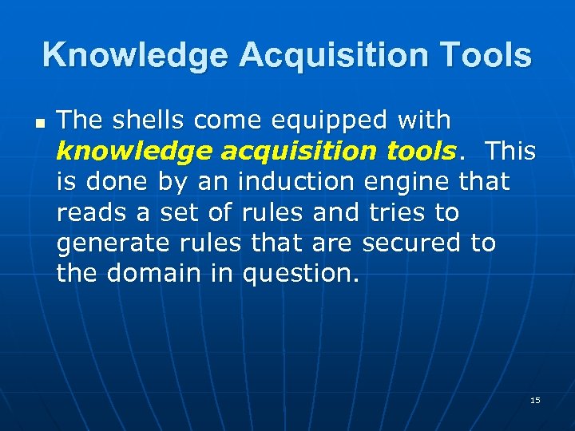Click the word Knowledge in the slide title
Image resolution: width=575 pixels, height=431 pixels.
pyautogui.click(x=134, y=55)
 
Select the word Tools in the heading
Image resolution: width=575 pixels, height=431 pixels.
pyautogui.click(x=488, y=55)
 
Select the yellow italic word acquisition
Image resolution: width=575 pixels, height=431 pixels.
pyautogui.click(x=280, y=152)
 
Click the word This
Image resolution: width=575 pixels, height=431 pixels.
pyautogui.click(x=511, y=152)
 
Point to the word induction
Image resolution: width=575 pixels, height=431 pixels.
pyautogui.click(x=295, y=182)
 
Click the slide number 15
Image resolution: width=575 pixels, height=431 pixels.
pyautogui.click(x=535, y=400)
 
